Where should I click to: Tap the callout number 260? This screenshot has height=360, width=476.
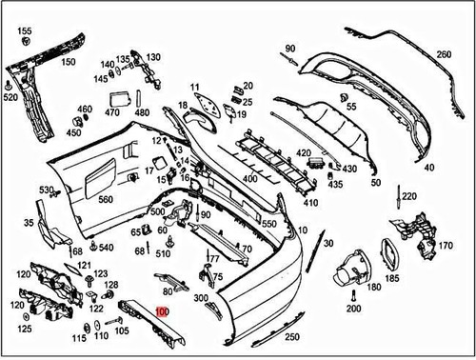tap(445, 54)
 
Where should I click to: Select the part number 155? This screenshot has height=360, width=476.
tap(25, 31)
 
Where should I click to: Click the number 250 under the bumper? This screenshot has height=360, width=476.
tap(291, 337)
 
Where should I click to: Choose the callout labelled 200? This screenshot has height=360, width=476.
tap(354, 310)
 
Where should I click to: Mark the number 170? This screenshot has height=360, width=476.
tap(445, 245)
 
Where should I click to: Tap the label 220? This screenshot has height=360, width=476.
tap(409, 196)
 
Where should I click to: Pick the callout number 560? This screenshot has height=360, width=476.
tap(105, 199)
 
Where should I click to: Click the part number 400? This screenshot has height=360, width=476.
tap(249, 178)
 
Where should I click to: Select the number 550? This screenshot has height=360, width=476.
tap(269, 223)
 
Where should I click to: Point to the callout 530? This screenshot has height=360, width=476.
tap(47, 190)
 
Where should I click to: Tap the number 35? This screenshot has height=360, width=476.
tap(29, 225)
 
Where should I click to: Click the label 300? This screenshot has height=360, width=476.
tap(201, 298)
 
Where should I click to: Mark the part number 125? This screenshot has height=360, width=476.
tap(24, 329)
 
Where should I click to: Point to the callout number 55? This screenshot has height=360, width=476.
tap(351, 108)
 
